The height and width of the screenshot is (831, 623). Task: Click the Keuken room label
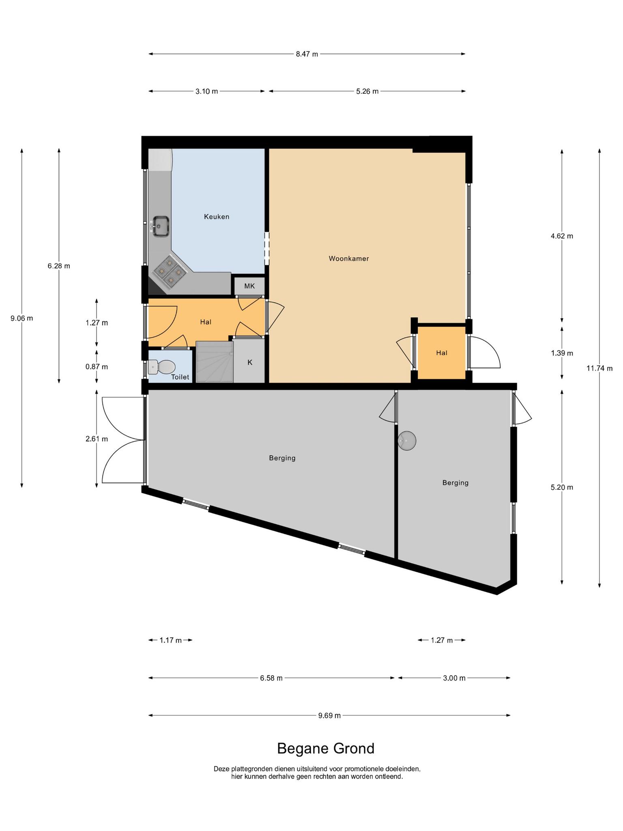point(217,217)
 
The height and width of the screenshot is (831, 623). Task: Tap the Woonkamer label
point(349,258)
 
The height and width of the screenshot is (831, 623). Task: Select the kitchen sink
point(161,226)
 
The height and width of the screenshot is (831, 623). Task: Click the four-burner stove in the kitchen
point(170,271)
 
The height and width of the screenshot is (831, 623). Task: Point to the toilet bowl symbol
point(162,367)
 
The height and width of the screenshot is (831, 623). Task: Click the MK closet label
point(249,286)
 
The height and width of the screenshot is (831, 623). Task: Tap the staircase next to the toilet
point(215,362)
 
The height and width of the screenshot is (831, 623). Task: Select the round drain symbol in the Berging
point(407,440)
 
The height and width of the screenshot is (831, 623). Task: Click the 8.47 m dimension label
point(307,54)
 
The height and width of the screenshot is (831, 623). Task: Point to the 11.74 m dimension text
point(599,368)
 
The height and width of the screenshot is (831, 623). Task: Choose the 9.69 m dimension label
point(329,715)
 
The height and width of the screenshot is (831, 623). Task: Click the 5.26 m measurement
point(367,91)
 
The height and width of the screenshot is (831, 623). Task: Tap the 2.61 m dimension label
point(97,439)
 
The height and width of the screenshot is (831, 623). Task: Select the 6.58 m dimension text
point(271,678)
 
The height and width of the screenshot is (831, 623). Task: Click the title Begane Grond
point(326,749)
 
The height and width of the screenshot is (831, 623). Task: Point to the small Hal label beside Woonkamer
point(442,353)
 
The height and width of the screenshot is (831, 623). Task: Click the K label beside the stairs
point(250,362)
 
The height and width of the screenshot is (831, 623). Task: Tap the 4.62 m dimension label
point(562,236)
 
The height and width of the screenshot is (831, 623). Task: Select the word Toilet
point(180,377)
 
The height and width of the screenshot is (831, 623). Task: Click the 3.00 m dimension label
point(454,678)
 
